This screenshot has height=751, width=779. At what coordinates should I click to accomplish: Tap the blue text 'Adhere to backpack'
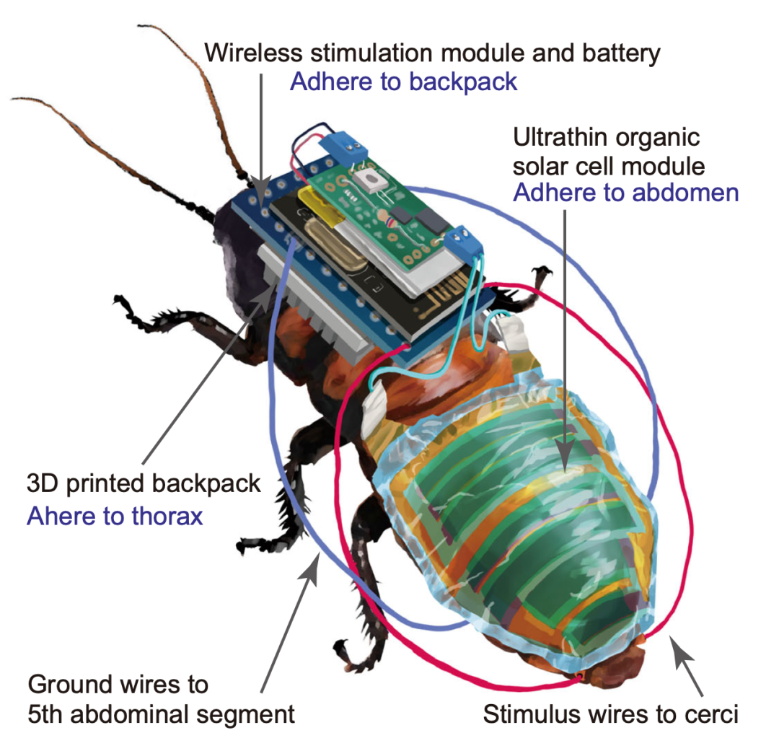pyautogui.click(x=403, y=82)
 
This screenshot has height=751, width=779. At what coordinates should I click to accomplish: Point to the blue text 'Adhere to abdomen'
pyautogui.click(x=625, y=193)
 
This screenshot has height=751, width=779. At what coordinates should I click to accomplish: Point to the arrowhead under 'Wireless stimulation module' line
pyautogui.click(x=262, y=190)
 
